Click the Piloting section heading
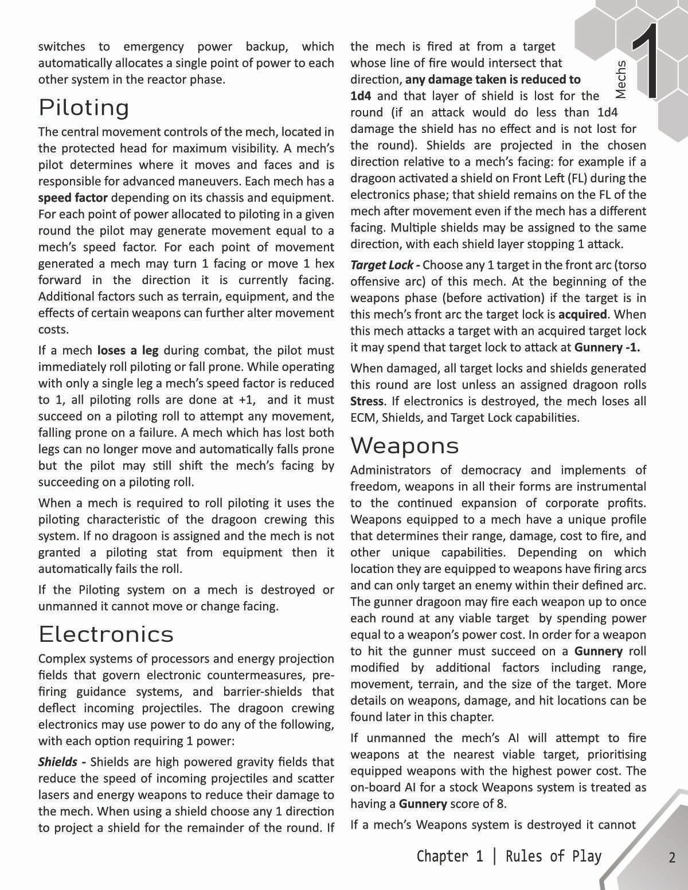coord(84,108)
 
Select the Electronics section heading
coord(106,634)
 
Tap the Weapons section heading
coord(405,445)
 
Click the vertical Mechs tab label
coord(620,79)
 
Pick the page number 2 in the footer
coord(672,858)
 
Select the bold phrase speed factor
coord(73,198)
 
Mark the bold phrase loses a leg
coord(128,350)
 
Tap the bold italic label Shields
coord(58,762)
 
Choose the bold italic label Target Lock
coord(382,265)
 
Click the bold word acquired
coord(583,315)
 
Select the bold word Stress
coord(367,401)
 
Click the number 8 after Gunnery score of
coord(501,803)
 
